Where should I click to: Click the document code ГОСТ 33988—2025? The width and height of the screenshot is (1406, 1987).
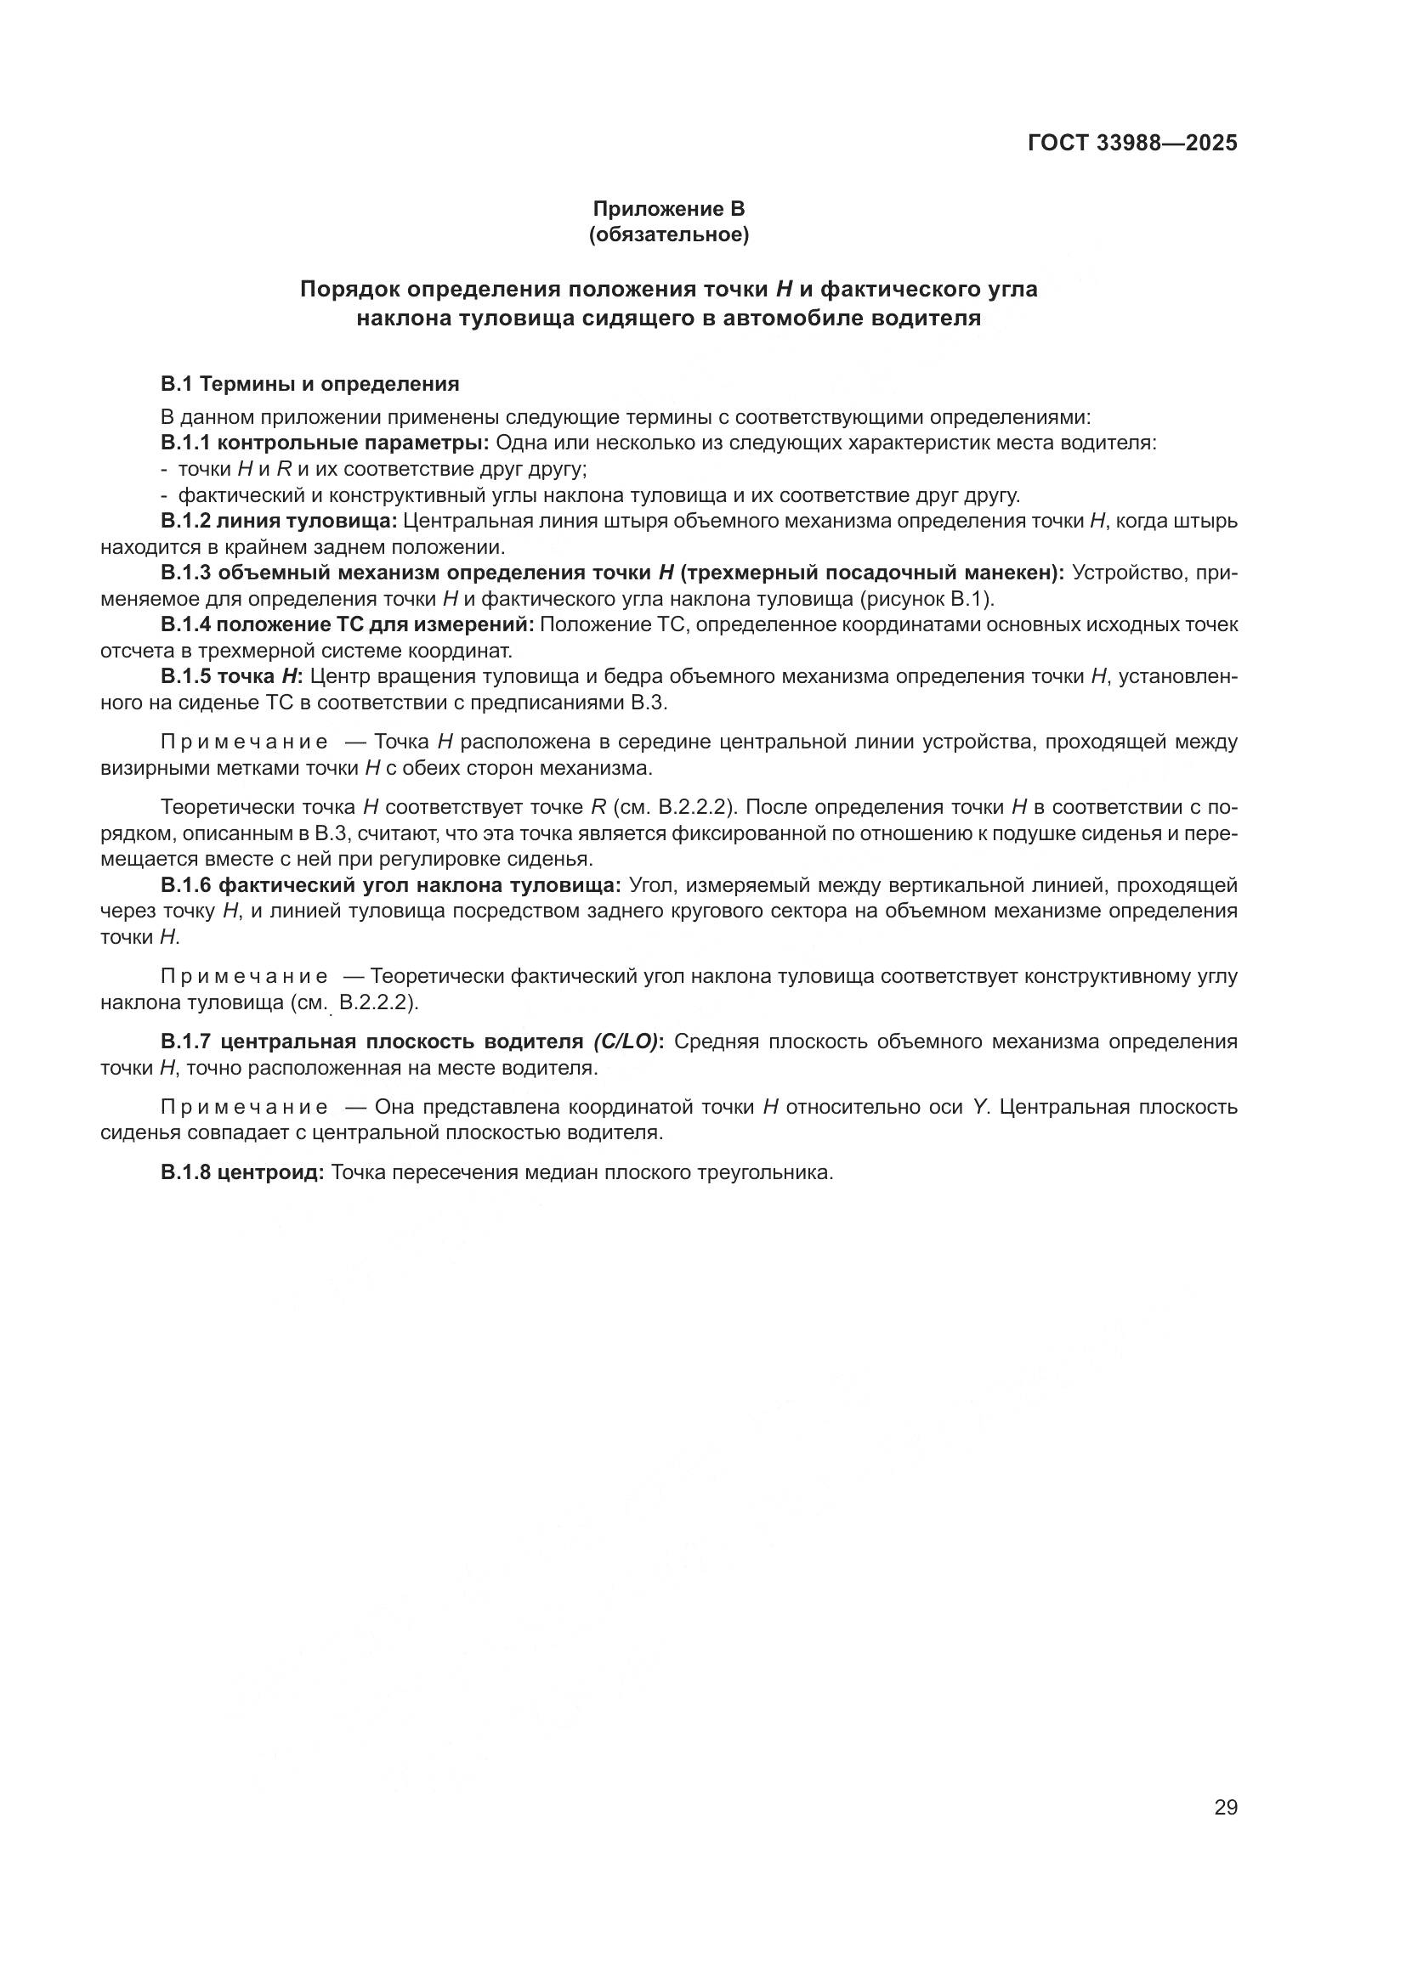1132,143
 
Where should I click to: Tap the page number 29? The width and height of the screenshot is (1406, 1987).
1226,1807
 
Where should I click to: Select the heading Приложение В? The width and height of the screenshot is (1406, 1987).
668,209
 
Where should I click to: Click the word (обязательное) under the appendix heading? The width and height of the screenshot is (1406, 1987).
668,234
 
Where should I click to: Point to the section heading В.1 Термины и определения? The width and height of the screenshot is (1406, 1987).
310,383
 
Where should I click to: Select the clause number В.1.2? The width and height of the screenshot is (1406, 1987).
185,521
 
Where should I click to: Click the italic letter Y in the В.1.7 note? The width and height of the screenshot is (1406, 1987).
980,1107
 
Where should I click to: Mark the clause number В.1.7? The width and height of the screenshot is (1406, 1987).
185,1041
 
